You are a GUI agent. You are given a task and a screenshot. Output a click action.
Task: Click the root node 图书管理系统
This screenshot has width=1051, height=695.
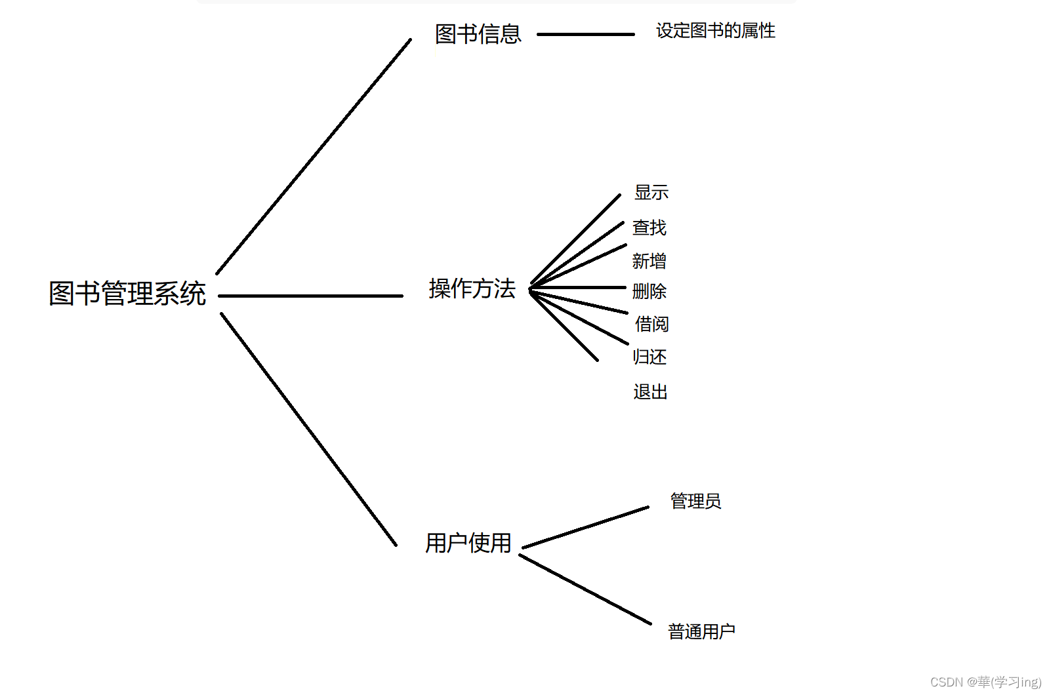click(127, 293)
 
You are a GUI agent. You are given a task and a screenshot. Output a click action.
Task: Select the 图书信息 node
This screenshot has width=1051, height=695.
click(478, 34)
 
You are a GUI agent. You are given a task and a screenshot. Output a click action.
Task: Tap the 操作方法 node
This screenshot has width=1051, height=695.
click(472, 288)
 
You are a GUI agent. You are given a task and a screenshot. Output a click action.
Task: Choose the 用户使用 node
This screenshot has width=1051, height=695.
click(468, 543)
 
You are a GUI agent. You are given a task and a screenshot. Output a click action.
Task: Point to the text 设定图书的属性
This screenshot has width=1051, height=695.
click(715, 31)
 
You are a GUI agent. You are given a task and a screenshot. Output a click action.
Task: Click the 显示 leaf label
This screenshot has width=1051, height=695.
click(651, 192)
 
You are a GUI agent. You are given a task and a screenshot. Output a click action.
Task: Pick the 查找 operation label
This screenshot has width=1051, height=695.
click(649, 228)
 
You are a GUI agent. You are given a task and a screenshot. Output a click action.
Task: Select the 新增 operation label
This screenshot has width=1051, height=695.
click(649, 261)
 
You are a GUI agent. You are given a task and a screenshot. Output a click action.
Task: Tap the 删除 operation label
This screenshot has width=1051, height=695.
click(649, 291)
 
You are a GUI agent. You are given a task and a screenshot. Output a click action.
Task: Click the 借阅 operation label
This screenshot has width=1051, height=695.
click(651, 324)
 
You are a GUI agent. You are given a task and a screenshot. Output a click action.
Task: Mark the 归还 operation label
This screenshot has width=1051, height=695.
click(649, 357)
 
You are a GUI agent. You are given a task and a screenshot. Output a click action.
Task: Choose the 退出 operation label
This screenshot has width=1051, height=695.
click(650, 391)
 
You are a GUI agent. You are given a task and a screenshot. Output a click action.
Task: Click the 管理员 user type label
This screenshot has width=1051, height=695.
click(695, 501)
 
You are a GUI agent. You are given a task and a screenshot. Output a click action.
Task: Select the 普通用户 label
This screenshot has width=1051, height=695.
click(701, 631)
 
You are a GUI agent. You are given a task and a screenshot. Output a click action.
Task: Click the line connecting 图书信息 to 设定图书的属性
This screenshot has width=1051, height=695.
click(585, 34)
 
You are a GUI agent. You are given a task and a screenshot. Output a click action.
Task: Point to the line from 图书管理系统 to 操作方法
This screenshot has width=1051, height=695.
click(310, 296)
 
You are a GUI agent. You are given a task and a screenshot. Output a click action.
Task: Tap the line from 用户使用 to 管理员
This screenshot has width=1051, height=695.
click(585, 527)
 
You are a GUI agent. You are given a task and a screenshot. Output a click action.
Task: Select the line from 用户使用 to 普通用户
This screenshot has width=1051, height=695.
click(585, 589)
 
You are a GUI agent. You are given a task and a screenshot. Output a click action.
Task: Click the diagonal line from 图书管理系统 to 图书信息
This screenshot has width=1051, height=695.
click(314, 157)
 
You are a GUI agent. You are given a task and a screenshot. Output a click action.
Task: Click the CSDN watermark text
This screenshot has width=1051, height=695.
click(985, 682)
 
